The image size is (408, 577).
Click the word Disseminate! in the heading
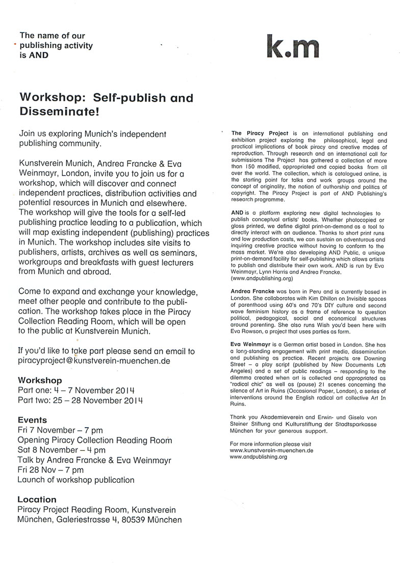[x=56, y=110]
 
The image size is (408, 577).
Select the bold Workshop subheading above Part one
[x=40, y=380]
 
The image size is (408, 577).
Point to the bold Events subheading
[x=32, y=420]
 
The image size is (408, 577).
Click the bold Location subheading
[x=37, y=500]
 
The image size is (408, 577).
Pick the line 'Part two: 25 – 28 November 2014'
[x=79, y=400]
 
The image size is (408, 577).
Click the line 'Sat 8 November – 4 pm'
[x=62, y=450]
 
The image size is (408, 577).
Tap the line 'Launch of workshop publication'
[x=76, y=480]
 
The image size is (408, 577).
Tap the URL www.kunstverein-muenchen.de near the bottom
[x=271, y=451]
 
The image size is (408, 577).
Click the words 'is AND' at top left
[x=34, y=55]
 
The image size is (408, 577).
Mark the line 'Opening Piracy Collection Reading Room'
[x=94, y=440]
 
